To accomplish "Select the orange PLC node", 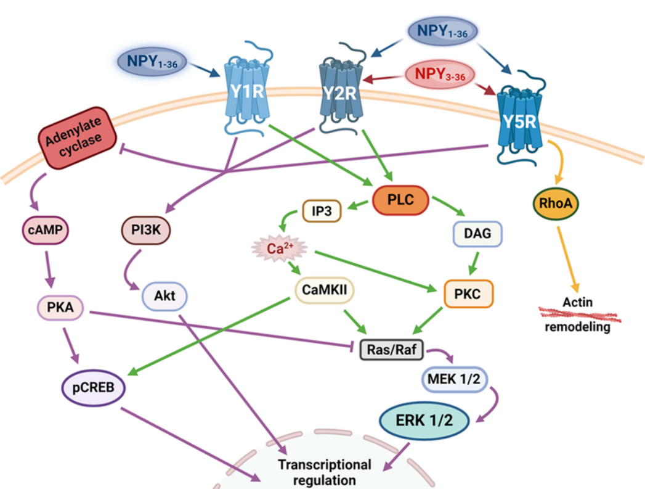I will [x=400, y=200].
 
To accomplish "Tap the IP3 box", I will [x=322, y=212].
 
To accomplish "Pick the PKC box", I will [x=469, y=295].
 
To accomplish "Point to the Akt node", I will [x=165, y=296].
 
